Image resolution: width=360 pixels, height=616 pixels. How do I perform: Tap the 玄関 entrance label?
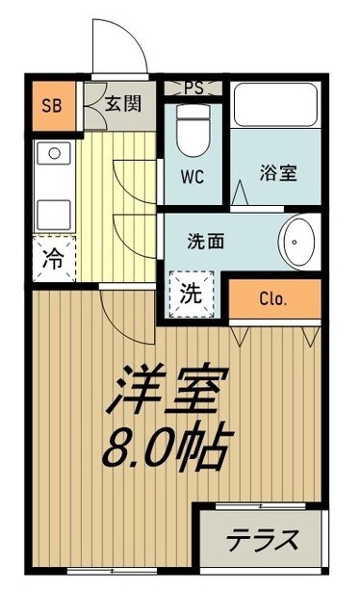[x=124, y=103]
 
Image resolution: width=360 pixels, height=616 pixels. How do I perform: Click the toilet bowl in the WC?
[x=193, y=131]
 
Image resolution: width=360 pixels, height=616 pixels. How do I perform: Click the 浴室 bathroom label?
[x=278, y=174]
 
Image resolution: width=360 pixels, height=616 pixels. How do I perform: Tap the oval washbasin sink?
[x=297, y=241]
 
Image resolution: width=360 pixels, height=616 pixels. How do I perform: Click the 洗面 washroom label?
[x=205, y=242]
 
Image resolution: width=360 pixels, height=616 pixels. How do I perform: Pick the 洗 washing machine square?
[x=191, y=293]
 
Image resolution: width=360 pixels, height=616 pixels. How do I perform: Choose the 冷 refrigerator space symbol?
[x=55, y=258]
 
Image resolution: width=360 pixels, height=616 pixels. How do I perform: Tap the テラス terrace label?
[x=261, y=540]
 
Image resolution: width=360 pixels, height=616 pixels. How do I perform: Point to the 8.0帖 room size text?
[x=171, y=445]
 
